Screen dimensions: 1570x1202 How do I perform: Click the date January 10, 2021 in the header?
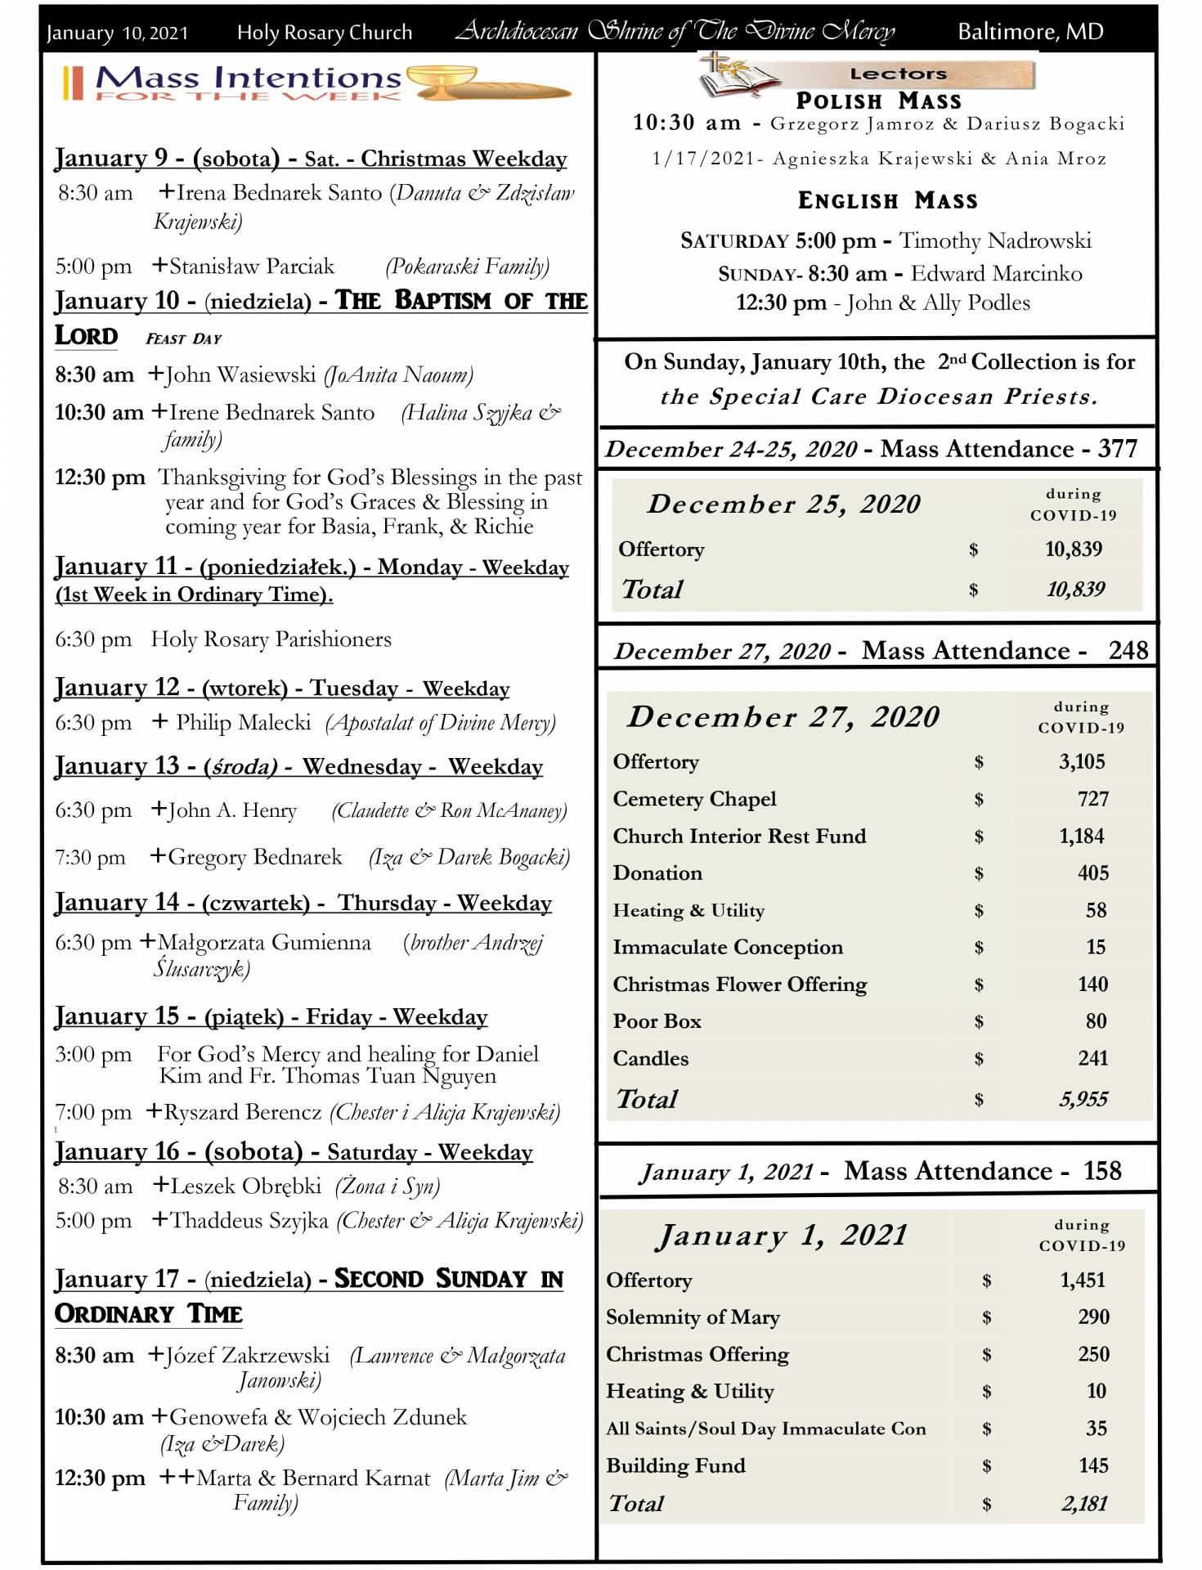point(117,33)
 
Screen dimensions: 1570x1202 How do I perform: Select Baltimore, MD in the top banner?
point(1030,32)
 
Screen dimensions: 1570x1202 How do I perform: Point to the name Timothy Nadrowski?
point(995,240)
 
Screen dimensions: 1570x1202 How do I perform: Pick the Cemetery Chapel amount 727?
point(1092,799)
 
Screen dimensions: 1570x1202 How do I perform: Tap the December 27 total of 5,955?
point(1083,1099)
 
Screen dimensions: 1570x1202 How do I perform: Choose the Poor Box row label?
point(657,1021)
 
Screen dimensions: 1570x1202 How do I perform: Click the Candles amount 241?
point(1092,1058)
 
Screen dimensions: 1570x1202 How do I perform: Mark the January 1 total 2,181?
point(1084,1503)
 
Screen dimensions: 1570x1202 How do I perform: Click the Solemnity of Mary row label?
point(693,1317)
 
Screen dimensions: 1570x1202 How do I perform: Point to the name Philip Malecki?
point(244,723)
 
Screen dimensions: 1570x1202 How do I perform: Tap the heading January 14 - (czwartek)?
point(182,903)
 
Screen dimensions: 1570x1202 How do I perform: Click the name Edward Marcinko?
point(996,273)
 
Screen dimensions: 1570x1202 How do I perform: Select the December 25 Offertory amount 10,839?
point(1074,549)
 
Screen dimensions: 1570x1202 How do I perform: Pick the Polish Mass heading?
point(878,101)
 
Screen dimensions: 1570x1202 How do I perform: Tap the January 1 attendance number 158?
point(1102,1171)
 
